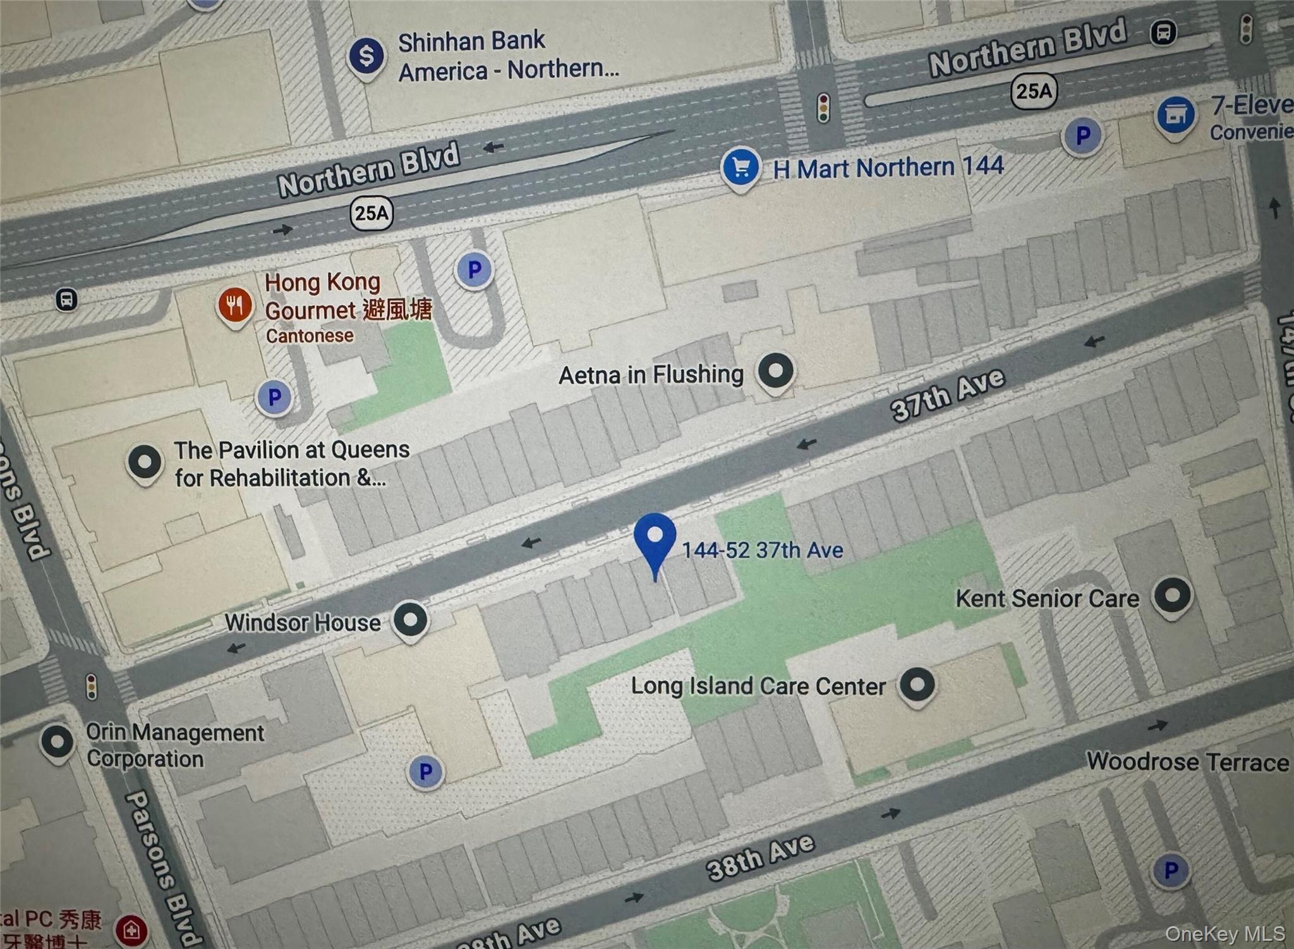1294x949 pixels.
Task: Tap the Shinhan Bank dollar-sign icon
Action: [366, 56]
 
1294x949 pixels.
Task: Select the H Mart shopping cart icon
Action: [741, 167]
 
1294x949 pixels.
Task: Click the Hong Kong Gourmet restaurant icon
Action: [235, 306]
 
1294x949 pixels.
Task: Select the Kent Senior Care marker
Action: [1172, 595]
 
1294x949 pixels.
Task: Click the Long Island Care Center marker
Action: [917, 685]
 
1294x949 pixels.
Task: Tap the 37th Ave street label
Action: [948, 395]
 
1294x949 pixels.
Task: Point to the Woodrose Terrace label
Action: [1187, 761]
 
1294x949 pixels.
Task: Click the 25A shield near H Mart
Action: [1034, 91]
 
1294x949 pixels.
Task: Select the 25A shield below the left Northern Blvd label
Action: [372, 213]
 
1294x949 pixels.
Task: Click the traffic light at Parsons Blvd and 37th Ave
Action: [92, 687]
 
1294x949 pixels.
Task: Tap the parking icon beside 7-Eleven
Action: [1083, 135]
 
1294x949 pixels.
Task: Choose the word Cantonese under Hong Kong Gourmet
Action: [309, 336]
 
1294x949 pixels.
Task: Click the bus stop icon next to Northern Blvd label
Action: [1163, 32]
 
